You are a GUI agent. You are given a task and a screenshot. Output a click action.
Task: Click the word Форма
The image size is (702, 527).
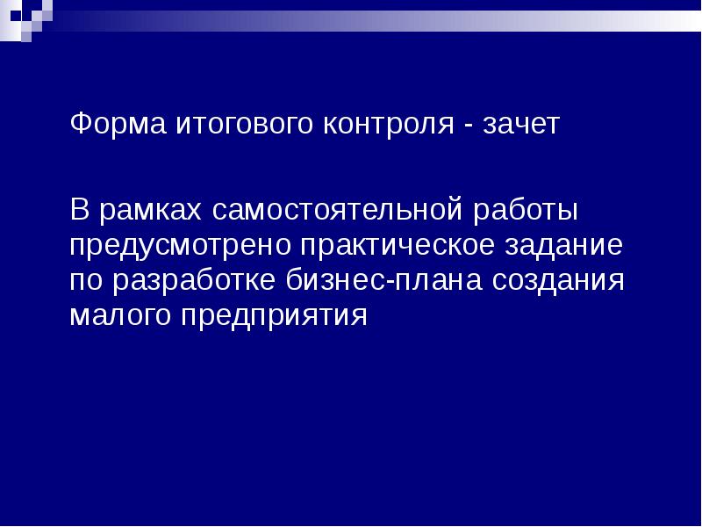[x=106, y=125]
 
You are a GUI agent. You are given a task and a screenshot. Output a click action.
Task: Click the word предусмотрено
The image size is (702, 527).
[x=183, y=246]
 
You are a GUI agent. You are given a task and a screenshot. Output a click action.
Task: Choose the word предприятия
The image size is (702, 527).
[x=276, y=316]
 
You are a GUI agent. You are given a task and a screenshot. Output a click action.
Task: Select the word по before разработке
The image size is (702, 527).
[x=86, y=282]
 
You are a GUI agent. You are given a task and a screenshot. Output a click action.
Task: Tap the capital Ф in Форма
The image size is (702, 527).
[x=79, y=124]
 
